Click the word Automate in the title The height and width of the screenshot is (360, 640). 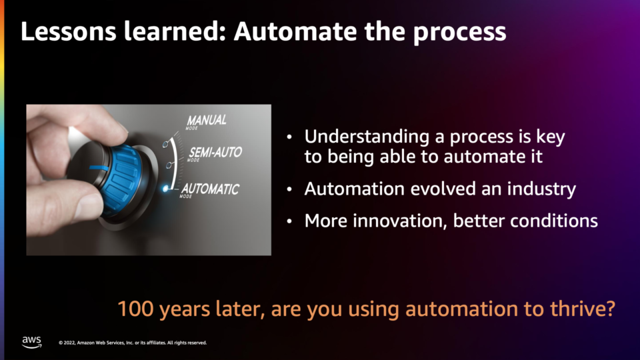tap(295, 32)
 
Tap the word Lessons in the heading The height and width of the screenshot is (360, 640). tap(69, 32)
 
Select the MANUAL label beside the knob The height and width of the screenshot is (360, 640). tap(207, 121)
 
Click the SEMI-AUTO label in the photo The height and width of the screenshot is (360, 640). tap(215, 153)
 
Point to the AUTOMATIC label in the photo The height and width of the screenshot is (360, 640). tap(210, 189)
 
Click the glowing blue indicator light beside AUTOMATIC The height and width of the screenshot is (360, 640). tap(165, 189)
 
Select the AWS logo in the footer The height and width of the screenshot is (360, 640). tap(31, 342)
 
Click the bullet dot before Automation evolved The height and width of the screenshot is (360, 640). tap(289, 189)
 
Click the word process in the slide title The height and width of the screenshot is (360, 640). tap(459, 33)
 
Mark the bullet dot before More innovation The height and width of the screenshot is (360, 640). tap(289, 221)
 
